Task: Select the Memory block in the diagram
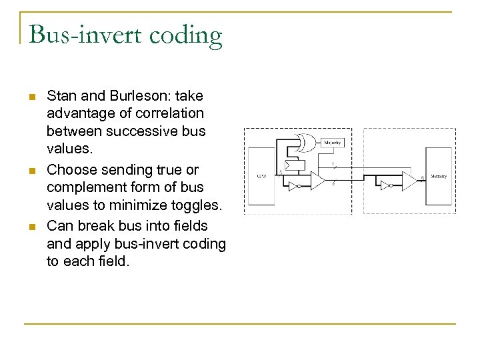(x=437, y=176)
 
